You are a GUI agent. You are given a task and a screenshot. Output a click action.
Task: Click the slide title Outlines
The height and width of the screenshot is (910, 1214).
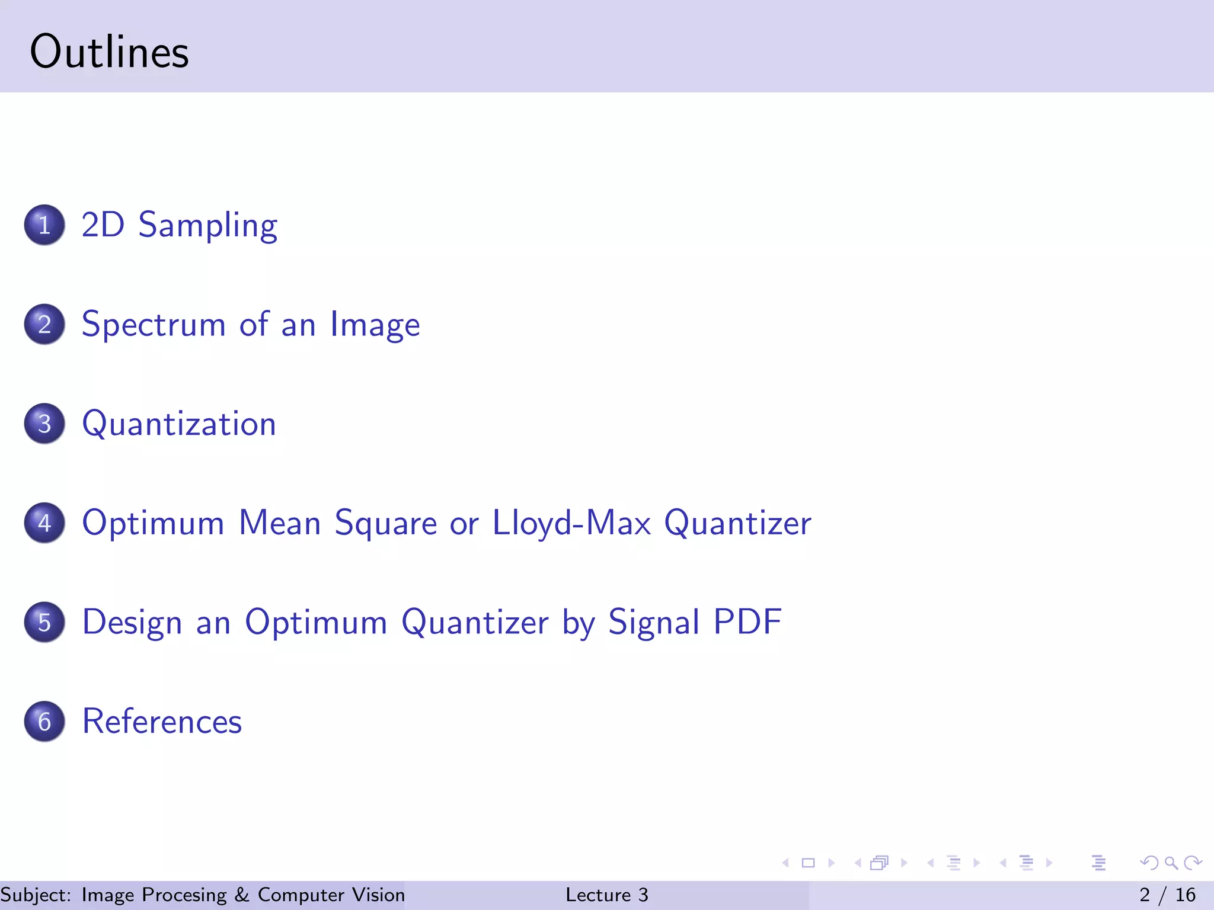pos(109,52)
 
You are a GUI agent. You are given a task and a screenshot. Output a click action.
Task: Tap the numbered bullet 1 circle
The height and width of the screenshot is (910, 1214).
pos(44,225)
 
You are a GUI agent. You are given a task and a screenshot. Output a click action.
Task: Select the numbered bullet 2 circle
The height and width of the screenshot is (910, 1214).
pos(44,325)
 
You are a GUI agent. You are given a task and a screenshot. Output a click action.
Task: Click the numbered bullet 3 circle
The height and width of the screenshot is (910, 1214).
pos(44,424)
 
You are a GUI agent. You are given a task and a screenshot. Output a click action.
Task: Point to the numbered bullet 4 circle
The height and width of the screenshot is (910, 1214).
pos(44,523)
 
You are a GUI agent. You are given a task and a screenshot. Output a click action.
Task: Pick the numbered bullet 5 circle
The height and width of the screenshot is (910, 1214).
pos(44,622)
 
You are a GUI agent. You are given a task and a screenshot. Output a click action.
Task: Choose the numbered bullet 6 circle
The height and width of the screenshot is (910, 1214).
pos(44,722)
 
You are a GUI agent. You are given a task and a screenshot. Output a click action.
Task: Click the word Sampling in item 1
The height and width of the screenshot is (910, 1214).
pos(207,226)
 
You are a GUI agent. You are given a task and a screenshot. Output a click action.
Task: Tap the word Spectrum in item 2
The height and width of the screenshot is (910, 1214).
pos(154,325)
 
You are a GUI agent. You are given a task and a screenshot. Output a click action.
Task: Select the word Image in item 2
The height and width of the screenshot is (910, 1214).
pos(375,325)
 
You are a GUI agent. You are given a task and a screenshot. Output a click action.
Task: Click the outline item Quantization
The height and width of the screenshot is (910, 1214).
pos(179,424)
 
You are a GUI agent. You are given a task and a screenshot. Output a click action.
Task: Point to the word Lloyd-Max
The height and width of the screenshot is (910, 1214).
pos(571,523)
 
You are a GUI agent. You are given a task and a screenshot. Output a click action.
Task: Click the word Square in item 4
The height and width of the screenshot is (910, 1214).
pos(385,524)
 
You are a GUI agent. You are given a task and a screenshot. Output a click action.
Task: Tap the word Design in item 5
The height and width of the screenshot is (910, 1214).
pos(132,623)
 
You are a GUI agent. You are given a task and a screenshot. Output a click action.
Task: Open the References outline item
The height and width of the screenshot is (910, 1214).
pos(162,722)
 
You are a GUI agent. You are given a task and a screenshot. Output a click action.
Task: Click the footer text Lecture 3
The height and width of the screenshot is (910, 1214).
pos(606,895)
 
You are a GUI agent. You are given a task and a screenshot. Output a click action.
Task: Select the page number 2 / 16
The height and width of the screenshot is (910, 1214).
pos(1167,895)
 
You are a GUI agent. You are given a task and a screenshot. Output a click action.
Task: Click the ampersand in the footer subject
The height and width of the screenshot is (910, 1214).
pos(242,895)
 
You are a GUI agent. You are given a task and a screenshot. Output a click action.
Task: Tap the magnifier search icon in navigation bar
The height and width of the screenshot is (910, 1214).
pos(1171,863)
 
